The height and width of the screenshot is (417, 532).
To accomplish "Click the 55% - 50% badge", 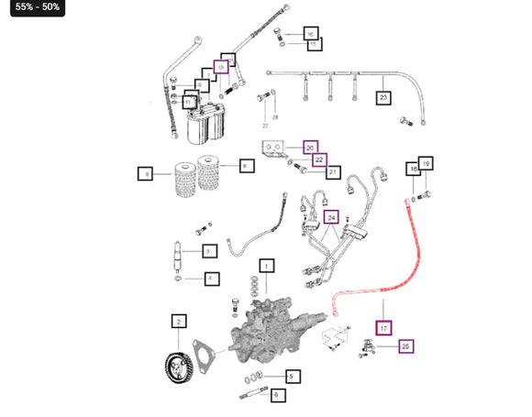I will pyautogui.click(x=37, y=8).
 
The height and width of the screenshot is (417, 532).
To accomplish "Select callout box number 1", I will pyautogui.click(x=266, y=267).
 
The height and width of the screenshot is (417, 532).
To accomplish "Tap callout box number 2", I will pyautogui.click(x=179, y=321).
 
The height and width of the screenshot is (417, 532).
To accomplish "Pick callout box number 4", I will pyautogui.click(x=211, y=279).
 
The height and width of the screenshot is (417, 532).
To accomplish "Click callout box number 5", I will pyautogui.click(x=291, y=376).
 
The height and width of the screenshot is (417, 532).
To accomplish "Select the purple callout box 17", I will pyautogui.click(x=383, y=327).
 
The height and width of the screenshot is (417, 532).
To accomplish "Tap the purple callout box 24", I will pyautogui.click(x=331, y=217).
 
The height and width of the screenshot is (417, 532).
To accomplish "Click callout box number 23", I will pyautogui.click(x=383, y=96).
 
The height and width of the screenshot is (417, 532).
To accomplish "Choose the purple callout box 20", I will pyautogui.click(x=310, y=148).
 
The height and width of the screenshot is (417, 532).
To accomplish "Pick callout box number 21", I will pyautogui.click(x=333, y=171).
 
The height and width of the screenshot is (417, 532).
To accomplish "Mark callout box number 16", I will pyautogui.click(x=310, y=33).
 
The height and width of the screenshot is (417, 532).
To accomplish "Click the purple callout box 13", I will pyautogui.click(x=220, y=67).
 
